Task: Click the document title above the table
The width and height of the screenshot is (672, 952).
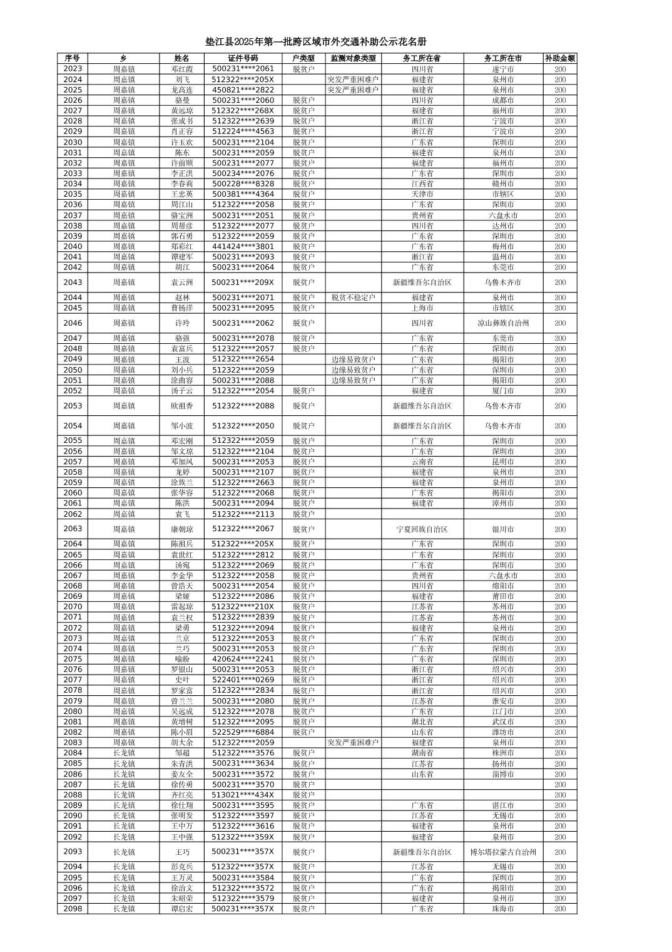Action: click(x=316, y=42)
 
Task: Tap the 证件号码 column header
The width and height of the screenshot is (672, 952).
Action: click(x=243, y=58)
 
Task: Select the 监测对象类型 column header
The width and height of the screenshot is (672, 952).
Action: click(x=353, y=58)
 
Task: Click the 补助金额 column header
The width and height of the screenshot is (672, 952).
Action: click(x=559, y=58)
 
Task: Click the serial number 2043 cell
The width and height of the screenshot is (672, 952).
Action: click(x=73, y=282)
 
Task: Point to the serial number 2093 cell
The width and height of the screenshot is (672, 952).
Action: click(x=73, y=852)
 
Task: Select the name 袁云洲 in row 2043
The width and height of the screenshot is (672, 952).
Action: click(x=182, y=282)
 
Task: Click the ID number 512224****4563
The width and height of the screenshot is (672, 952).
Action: click(x=243, y=132)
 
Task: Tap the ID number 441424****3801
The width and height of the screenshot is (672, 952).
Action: click(x=243, y=247)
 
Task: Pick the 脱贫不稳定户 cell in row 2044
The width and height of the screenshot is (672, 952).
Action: click(x=353, y=297)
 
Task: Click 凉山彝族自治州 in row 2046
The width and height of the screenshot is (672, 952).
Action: click(x=503, y=323)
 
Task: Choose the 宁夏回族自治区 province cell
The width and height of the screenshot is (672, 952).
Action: click(x=422, y=529)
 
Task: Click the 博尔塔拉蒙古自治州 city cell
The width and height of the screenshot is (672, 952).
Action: click(x=503, y=852)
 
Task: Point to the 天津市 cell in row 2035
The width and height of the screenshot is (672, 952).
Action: click(x=422, y=194)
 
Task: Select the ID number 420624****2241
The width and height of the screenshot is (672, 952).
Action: click(x=243, y=659)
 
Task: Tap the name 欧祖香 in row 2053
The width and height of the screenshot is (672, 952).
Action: click(x=182, y=406)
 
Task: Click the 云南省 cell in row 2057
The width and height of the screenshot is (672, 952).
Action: click(x=422, y=462)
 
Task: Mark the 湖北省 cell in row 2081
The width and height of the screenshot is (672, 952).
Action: click(x=422, y=722)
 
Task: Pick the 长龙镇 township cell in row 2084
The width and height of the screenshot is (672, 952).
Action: click(x=124, y=753)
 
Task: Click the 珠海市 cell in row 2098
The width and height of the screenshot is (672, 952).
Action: click(x=503, y=909)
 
